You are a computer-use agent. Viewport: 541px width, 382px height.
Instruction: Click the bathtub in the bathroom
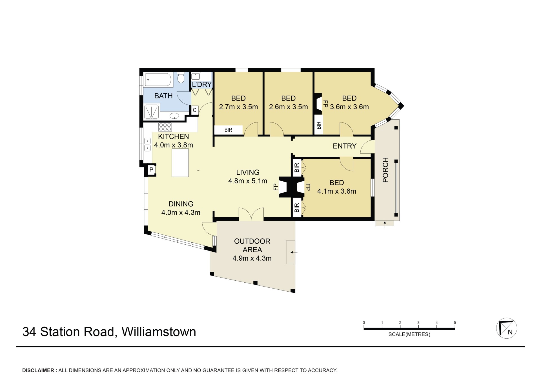click(x=158, y=80)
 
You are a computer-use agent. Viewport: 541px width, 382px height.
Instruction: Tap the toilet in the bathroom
click(x=181, y=77)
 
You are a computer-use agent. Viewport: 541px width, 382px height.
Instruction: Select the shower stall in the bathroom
click(x=152, y=112)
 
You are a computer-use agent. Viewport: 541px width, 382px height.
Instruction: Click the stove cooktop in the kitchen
click(x=165, y=127)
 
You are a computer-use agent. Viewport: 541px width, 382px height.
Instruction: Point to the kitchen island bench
click(x=180, y=163)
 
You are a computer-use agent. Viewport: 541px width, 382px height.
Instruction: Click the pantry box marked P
click(x=151, y=170)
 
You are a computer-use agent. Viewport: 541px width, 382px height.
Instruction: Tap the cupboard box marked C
click(x=194, y=110)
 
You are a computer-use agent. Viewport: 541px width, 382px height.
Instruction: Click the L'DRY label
click(x=202, y=84)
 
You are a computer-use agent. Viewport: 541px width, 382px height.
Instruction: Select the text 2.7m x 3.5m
click(x=238, y=107)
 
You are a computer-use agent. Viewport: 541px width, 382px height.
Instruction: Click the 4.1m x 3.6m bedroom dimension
click(x=337, y=191)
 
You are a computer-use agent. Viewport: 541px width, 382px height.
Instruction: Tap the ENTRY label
click(x=345, y=146)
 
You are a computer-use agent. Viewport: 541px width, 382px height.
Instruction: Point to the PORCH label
click(x=385, y=170)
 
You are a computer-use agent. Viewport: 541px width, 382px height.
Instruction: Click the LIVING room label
click(x=248, y=172)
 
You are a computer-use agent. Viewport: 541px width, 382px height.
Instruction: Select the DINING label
click(x=181, y=204)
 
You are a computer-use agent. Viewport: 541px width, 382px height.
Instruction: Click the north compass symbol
click(x=506, y=328)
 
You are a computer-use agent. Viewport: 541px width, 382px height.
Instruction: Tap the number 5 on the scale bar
click(x=455, y=323)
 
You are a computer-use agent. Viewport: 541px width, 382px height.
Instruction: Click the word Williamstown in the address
click(x=159, y=332)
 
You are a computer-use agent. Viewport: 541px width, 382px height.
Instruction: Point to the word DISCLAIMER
click(x=38, y=370)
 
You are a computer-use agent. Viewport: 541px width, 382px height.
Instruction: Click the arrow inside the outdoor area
click(x=294, y=252)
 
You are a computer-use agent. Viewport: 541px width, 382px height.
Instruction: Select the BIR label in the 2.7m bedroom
click(x=228, y=130)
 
